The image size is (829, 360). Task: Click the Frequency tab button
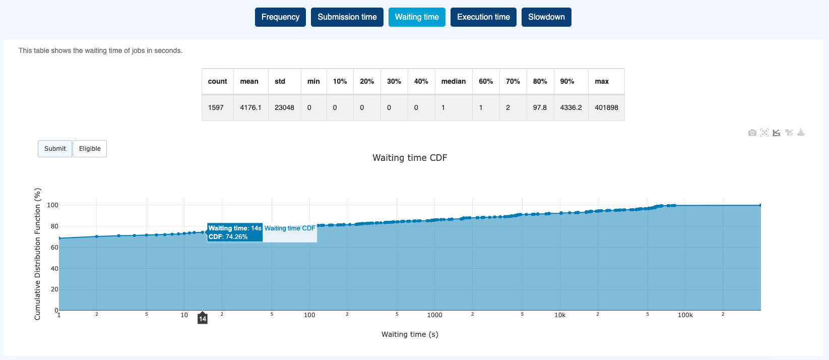280,17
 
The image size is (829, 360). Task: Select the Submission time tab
347,17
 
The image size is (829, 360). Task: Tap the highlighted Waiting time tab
417,17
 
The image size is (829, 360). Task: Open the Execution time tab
483,17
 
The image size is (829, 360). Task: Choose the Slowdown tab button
546,17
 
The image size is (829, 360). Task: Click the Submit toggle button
55,149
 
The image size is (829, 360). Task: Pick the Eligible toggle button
90,149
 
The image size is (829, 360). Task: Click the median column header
454,82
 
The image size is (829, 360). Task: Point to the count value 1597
216,108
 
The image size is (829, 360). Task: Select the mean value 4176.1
250,108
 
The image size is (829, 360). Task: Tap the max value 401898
606,108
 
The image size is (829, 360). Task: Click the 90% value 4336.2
570,108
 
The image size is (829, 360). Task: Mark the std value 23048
284,108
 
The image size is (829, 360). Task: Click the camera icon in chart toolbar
752,133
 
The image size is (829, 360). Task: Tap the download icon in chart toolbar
801,132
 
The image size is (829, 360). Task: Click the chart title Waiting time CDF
410,158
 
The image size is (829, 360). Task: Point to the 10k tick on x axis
560,315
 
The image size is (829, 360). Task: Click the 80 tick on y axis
54,226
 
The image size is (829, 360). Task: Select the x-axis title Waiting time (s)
410,334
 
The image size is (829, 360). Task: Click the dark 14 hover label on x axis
203,319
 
